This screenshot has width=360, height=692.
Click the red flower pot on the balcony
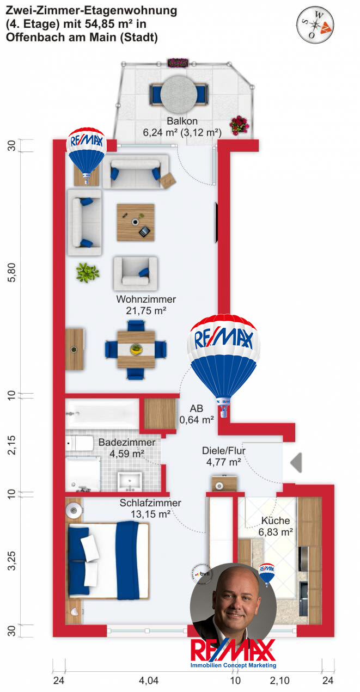point(238,125)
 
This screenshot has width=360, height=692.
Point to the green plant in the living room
point(87,272)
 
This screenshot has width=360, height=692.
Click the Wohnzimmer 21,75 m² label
point(146,305)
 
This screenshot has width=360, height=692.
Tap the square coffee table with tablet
point(136,223)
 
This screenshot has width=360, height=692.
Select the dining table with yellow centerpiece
point(136,349)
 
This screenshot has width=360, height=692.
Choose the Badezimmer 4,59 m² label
point(127,448)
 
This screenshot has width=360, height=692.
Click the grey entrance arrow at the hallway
point(296,463)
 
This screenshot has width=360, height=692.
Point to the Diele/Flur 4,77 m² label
point(221,456)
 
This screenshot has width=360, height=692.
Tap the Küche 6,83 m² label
point(275,525)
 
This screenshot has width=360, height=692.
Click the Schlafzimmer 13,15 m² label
point(150,508)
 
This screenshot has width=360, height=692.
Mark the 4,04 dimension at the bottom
point(149,680)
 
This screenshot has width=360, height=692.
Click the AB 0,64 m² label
point(197,414)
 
